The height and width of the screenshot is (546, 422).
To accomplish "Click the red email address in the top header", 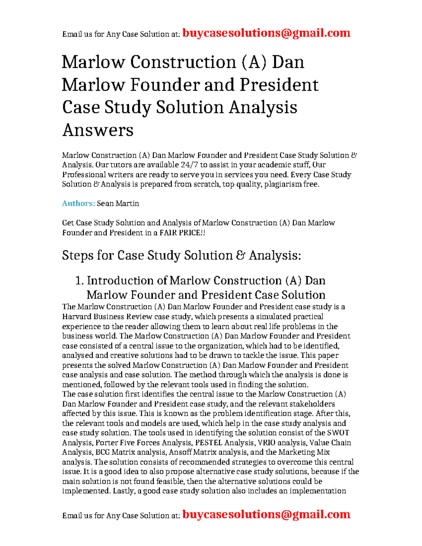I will point(266,33).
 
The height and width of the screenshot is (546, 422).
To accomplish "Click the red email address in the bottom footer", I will point(266,514).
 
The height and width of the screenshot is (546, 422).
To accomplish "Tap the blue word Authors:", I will point(78,204).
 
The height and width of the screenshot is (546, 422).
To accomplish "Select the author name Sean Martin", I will point(118,204).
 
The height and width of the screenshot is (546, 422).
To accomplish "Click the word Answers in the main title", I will point(98,130).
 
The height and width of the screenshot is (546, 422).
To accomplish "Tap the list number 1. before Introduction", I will point(80,281).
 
